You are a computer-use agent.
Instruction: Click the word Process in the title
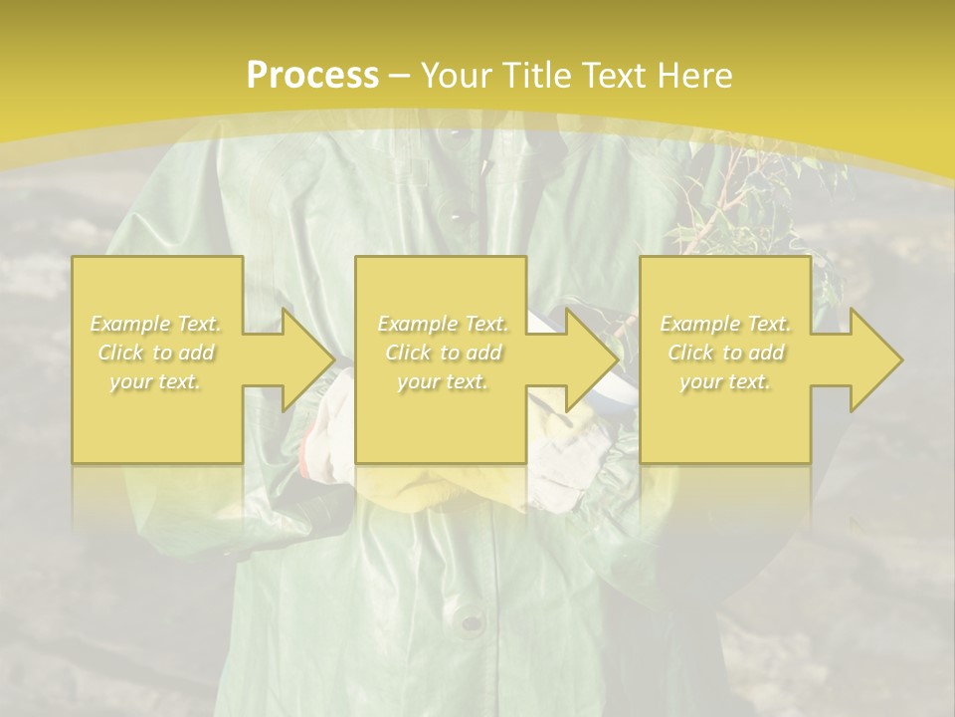pos(312,75)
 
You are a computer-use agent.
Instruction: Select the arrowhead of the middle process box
pos(591,359)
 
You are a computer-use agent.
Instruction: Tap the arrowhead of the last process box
pos(874,359)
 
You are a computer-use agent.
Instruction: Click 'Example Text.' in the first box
pos(156,324)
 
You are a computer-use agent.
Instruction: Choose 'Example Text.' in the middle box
pos(443,324)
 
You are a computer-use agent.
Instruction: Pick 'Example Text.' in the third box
pos(725,324)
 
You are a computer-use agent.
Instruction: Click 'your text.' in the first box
pos(156,381)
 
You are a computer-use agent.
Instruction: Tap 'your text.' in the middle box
pos(443,381)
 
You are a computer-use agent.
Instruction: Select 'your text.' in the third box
pos(725,381)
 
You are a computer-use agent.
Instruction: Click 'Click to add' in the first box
pos(156,353)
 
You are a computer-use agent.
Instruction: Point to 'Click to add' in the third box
pos(725,353)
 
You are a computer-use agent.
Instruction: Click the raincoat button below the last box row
pos(470,623)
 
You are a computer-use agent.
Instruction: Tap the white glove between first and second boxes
pos(328,418)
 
